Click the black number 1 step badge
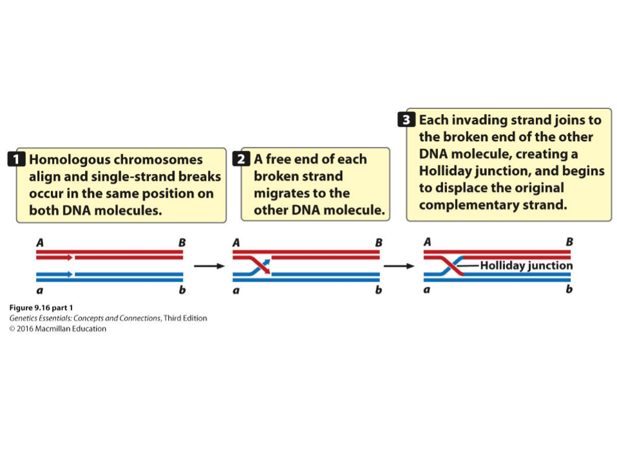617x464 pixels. pos(16,159)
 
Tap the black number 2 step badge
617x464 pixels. pos(241,159)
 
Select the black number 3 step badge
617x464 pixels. pos(406,119)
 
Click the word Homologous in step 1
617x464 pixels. pos(69,160)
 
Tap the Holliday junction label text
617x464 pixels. pos(526,266)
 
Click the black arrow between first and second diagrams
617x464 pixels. pos(209,266)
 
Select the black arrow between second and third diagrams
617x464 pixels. pos(399,266)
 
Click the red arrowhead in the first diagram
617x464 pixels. pos(70,258)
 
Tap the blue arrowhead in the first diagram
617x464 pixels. pos(70,274)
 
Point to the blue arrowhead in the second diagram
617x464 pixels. pos(267,262)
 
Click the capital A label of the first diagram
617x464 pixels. pos(40,243)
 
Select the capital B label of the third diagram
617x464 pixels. pos(569,242)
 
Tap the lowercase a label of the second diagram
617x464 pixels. pos(236,291)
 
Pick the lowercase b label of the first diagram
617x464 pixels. pos(182,290)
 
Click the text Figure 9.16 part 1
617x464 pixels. pos(41,307)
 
